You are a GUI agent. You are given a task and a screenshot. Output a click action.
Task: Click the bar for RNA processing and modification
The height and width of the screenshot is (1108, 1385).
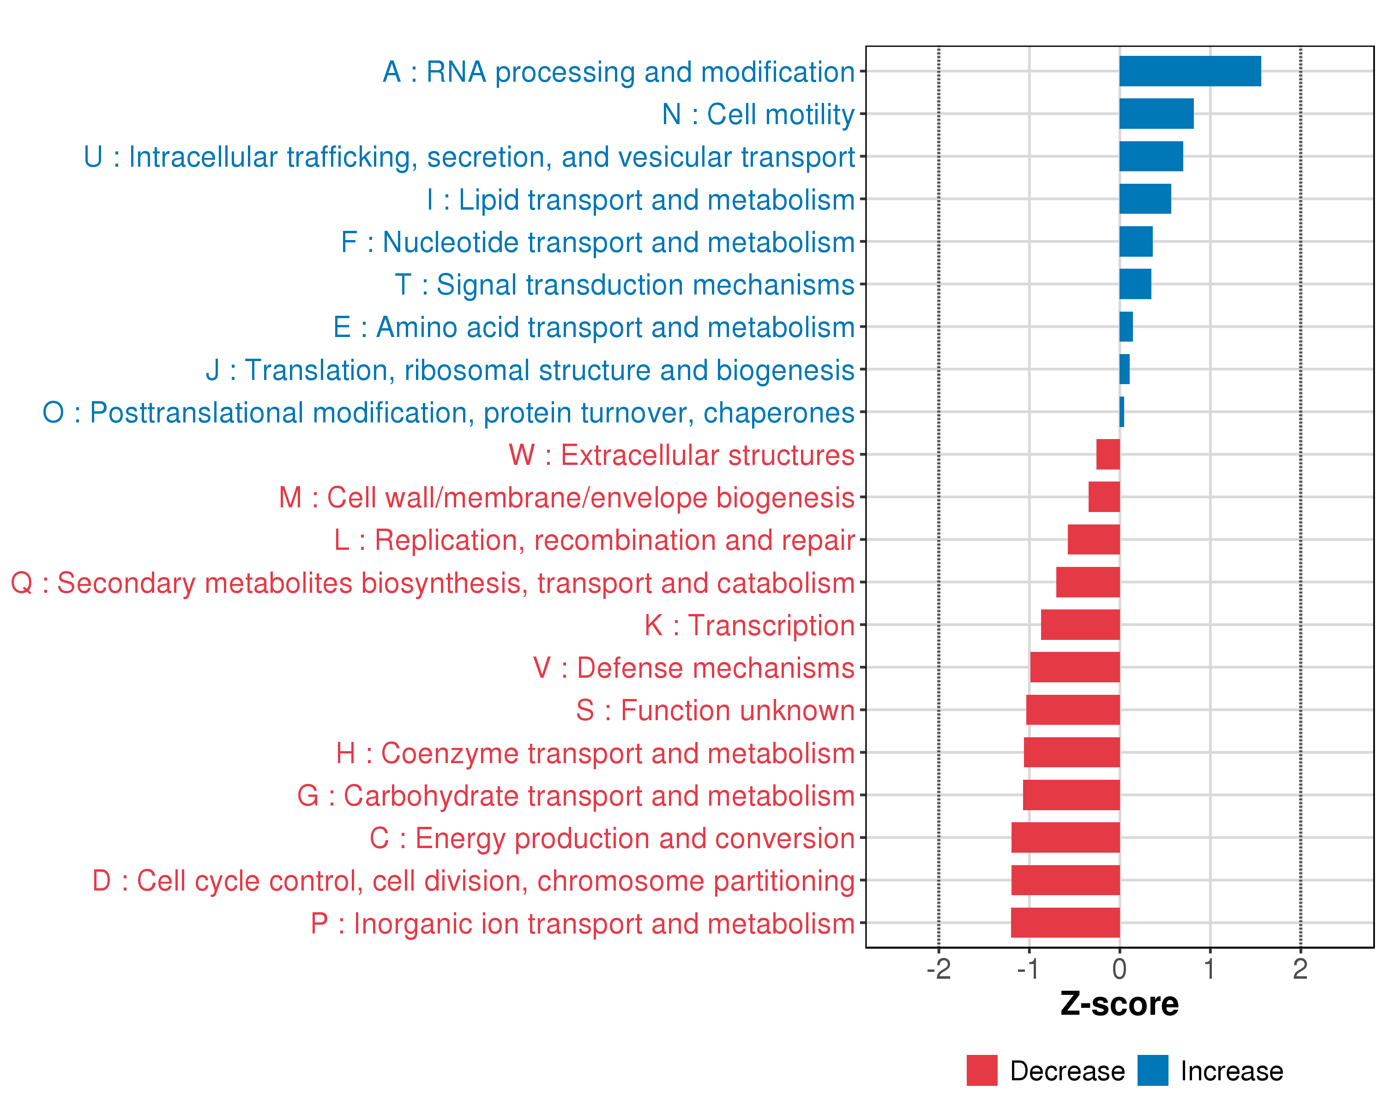click(x=1190, y=71)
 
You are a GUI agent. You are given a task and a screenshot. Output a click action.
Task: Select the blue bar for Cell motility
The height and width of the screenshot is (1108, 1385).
click(x=1156, y=114)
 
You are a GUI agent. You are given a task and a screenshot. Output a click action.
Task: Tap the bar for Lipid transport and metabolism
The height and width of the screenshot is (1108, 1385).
click(x=1145, y=199)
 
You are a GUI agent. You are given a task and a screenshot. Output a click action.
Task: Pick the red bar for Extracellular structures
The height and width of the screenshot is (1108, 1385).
click(x=1108, y=454)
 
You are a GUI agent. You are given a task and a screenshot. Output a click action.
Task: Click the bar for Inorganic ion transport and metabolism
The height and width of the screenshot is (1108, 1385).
click(x=1065, y=922)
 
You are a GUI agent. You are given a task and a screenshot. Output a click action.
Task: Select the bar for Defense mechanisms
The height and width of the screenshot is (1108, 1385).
click(x=1075, y=668)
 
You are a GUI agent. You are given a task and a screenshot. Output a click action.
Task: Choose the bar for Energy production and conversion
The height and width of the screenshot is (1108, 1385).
click(x=1066, y=837)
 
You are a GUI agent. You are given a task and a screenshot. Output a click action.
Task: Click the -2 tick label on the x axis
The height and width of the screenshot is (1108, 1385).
click(x=939, y=969)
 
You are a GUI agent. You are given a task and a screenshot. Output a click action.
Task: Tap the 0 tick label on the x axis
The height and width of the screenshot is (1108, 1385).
click(x=1120, y=969)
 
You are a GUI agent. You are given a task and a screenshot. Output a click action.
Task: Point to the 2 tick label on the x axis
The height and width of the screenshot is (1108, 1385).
click(x=1300, y=969)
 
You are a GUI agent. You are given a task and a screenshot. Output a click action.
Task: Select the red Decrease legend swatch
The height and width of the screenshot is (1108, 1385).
click(x=982, y=1071)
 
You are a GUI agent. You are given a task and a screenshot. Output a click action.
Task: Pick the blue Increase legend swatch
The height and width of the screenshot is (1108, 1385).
click(x=1152, y=1071)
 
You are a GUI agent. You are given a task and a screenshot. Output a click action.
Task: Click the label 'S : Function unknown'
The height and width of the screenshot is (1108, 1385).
click(x=715, y=711)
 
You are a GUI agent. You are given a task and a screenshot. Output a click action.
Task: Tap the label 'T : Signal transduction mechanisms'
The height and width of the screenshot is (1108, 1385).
click(x=625, y=284)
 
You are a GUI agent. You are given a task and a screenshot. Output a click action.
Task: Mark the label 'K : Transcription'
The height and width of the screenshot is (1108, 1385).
click(x=749, y=625)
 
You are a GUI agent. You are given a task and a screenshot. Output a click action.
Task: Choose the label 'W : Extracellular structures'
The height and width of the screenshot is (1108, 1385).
click(x=681, y=455)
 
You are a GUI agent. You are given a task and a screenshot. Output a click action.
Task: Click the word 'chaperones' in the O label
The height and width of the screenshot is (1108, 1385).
click(x=778, y=412)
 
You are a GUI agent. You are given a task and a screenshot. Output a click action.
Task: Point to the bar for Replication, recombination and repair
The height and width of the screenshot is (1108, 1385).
click(x=1093, y=540)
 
